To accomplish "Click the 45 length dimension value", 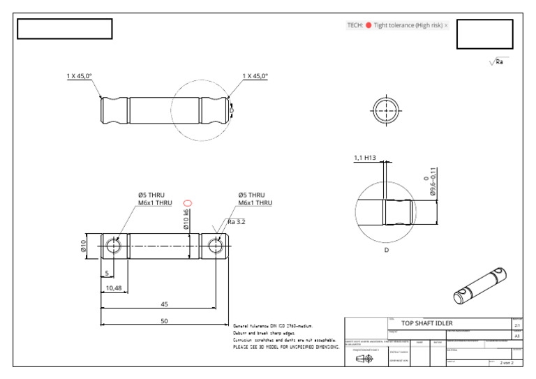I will [x=165, y=304].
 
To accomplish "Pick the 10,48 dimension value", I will [x=114, y=288].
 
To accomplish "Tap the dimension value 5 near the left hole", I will [x=107, y=273].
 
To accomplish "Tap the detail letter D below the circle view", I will [x=387, y=250].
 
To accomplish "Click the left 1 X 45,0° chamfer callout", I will [x=79, y=76].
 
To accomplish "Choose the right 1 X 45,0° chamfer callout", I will [x=255, y=76].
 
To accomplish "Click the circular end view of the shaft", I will [x=385, y=110].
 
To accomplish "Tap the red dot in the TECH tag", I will [x=368, y=25].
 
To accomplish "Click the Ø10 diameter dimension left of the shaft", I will [x=83, y=246].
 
